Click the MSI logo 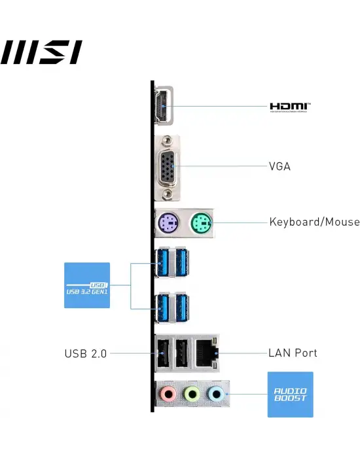42,51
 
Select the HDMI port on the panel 162,106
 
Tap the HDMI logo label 291,106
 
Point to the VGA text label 279,166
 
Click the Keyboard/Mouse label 314,222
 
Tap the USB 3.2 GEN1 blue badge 87,285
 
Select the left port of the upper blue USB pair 164,264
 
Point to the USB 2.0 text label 85,353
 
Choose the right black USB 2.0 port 182,353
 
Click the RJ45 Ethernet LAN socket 207,353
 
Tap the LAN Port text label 293,353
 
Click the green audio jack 191,394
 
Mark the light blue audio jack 214,394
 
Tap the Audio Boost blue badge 290,395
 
